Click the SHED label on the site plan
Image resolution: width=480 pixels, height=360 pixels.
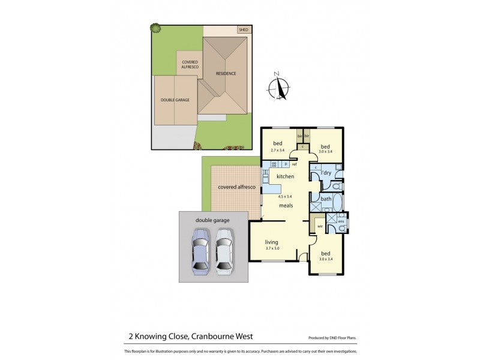(243, 29)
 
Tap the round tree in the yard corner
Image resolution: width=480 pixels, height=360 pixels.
(155, 28)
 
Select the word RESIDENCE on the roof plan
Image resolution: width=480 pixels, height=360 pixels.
(226, 74)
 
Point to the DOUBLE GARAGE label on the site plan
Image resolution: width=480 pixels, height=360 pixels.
(175, 100)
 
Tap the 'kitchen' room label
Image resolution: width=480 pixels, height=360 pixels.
(285, 176)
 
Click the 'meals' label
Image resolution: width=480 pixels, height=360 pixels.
(286, 206)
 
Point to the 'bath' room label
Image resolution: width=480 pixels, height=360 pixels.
(326, 199)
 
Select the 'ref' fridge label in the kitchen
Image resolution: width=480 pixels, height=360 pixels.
(294, 164)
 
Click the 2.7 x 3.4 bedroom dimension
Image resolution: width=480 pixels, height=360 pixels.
(278, 150)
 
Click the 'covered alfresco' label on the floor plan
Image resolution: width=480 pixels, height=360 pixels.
(237, 188)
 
